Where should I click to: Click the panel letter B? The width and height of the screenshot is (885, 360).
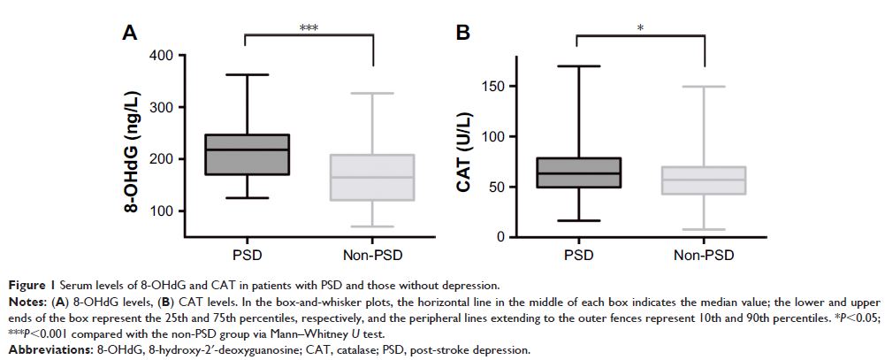(462, 33)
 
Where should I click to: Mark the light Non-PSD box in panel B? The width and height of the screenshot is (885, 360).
(705, 180)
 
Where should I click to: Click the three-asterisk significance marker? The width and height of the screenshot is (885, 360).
(309, 27)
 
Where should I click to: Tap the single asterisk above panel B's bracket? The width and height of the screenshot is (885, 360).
(640, 28)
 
